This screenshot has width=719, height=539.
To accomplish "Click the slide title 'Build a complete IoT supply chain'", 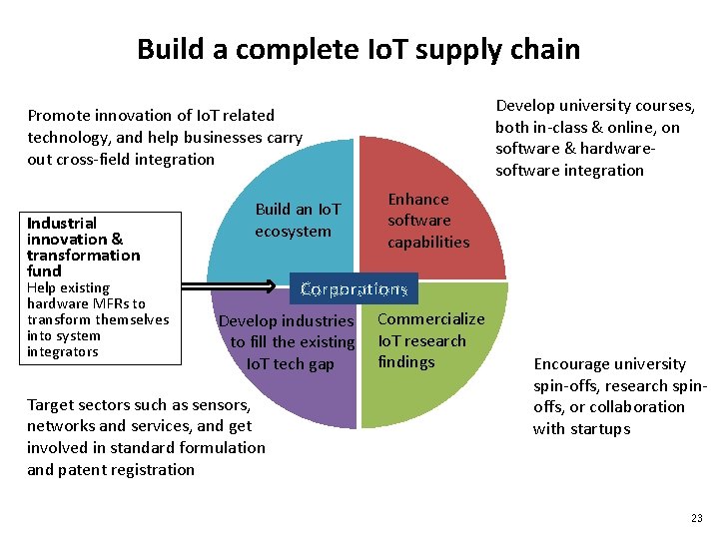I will coord(359,49).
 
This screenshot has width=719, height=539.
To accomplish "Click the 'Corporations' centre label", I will coord(354,289).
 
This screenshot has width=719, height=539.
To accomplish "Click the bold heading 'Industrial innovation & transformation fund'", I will coord(84,247).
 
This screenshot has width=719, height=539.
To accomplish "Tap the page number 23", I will coord(696,518).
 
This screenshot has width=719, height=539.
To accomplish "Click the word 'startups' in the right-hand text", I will coord(600,429).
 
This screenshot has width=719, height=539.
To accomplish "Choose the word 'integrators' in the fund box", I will coord(63,351).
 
